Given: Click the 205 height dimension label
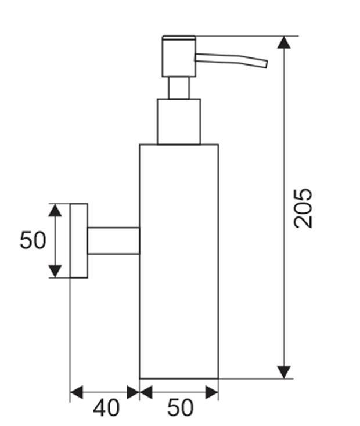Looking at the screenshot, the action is pos(303,208).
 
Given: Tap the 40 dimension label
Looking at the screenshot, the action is pos(106,408).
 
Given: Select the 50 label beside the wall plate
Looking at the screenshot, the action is pos(33,240).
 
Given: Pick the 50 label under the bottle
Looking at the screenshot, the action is pos(180,408).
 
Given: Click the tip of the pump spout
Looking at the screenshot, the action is pos(267,64).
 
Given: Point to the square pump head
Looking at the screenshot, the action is pos(179,58).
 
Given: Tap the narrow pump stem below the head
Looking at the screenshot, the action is pos(179,88).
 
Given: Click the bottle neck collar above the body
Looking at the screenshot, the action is pos(179,121).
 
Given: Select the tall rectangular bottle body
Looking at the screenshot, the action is pos(179,261).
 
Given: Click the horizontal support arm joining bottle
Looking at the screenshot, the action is pos(113,241).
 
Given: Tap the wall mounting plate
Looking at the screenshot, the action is pos(79,241).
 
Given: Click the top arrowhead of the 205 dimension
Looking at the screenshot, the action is pos(284,42).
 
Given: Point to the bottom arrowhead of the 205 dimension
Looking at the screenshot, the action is pos(284,372).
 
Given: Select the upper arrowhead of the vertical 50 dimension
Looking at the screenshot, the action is pos(55,210).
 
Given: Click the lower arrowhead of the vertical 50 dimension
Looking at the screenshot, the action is pos(55,272).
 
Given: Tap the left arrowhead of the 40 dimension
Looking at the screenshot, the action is pos(77,392).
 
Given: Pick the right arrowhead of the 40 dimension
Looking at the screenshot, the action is pos(133,392).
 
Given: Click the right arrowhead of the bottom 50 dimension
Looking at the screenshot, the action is pos(212,392).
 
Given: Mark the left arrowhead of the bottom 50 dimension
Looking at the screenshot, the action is pos(146,392).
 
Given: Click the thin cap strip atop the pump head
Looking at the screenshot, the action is pos(179,38).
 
